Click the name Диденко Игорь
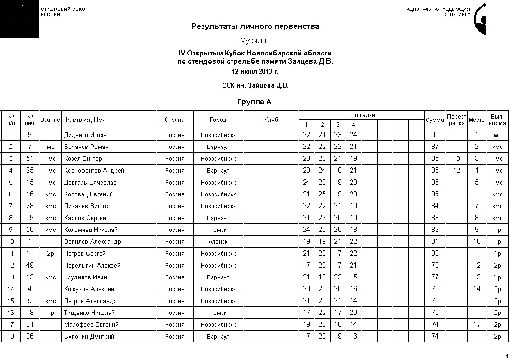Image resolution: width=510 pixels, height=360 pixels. point(82,135)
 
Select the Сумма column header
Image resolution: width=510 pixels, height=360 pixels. point(435,120)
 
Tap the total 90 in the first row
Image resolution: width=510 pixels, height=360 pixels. point(435,135)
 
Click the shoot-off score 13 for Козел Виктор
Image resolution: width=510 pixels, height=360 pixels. point(456,159)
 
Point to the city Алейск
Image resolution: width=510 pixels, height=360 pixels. point(218,242)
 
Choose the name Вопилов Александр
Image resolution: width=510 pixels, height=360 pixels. point(92,242)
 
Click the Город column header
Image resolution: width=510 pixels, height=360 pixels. point(218,120)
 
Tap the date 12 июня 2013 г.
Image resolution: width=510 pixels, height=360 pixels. point(255,72)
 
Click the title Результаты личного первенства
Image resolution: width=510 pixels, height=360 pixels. point(255,27)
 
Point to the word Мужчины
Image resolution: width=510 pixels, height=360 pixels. point(255,41)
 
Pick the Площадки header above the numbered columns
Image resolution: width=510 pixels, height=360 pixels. point(361,115)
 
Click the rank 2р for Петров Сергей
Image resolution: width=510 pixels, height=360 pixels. point(51,254)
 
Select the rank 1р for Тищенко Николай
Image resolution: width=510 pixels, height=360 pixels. point(51,313)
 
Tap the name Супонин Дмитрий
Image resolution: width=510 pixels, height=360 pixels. point(89,337)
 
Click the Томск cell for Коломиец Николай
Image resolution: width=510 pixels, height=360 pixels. point(218,230)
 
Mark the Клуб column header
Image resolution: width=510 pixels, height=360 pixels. point(271,120)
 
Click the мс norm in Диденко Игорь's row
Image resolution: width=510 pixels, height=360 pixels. point(497,135)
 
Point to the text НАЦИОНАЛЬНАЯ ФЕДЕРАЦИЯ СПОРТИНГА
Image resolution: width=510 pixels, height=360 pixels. point(436,12)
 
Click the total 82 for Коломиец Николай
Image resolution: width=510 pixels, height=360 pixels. point(435,230)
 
